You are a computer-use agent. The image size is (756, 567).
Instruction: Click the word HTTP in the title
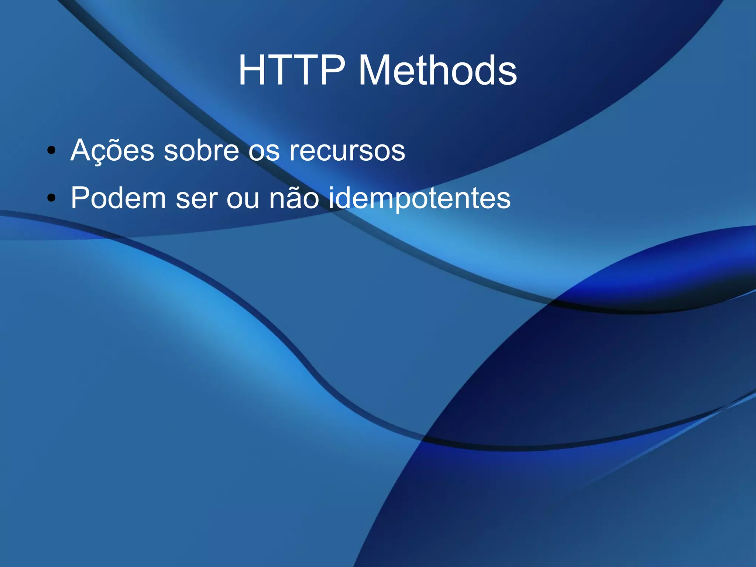292,70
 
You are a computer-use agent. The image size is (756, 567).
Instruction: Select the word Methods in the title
437,70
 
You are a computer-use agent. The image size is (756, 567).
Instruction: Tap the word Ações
112,150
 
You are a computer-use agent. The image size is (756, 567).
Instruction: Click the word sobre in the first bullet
202,150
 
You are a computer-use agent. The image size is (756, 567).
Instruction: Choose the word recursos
347,151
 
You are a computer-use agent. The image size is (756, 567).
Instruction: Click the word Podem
118,198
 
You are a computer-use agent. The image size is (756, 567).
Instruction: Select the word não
294,198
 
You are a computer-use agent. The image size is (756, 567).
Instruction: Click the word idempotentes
419,199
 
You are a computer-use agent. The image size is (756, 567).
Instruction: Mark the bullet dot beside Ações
52,150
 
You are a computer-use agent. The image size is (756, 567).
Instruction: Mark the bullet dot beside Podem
52,198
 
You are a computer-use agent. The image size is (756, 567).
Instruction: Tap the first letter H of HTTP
253,70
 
